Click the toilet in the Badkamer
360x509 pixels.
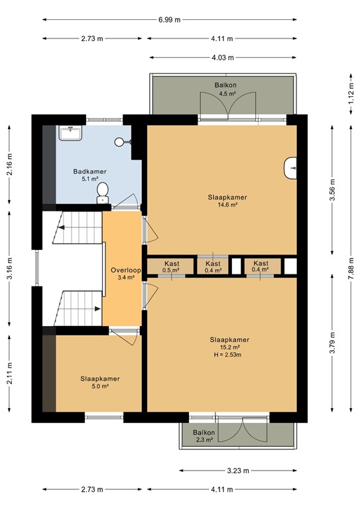tap(103, 193)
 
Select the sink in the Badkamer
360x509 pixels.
tap(70, 133)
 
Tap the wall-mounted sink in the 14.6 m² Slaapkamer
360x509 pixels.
tap(290, 168)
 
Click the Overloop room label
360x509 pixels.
tap(125, 270)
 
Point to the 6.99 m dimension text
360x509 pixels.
tap(170, 20)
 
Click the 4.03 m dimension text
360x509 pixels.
tap(223, 58)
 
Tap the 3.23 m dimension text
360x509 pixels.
tap(238, 471)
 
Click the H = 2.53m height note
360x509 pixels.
tap(227, 355)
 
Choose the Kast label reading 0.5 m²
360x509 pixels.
tap(172, 266)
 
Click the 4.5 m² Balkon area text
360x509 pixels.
tap(227, 94)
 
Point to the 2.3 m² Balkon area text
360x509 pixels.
tap(204, 440)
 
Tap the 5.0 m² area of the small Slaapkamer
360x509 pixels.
tap(99, 386)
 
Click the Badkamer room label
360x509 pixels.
tap(90, 172)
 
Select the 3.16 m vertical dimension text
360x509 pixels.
tap(10, 268)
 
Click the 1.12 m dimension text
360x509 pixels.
tap(351, 94)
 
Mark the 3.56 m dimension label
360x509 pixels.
tap(332, 190)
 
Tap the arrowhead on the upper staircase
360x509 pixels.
tap(62, 227)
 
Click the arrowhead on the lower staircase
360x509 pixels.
tap(97, 309)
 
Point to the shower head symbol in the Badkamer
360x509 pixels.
tap(119, 142)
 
